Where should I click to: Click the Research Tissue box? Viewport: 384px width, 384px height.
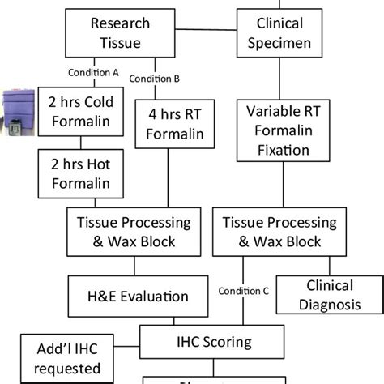(120, 33)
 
